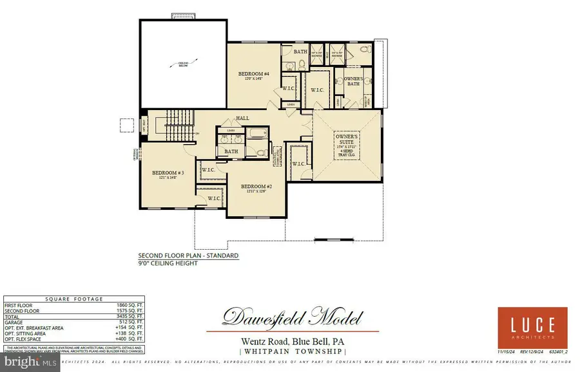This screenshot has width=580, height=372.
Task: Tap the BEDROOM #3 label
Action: click(x=168, y=173)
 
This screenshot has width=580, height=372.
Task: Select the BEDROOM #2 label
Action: click(x=256, y=187)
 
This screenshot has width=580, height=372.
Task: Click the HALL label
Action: click(x=242, y=118)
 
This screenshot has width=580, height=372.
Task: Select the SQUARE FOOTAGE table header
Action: click(x=73, y=298)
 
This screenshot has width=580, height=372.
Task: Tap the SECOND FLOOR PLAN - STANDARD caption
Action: click(x=188, y=256)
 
